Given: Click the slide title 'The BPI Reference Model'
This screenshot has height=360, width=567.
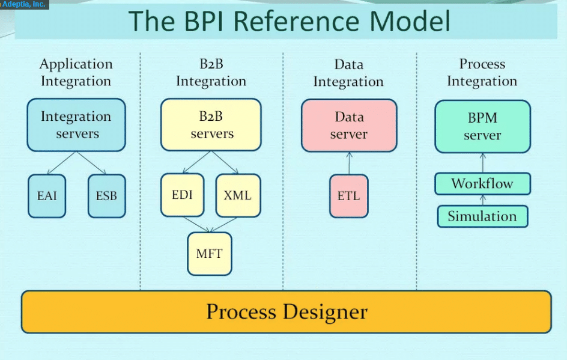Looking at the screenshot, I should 289,21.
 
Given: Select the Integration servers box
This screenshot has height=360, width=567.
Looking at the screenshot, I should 76,125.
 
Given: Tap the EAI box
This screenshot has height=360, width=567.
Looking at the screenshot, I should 47,196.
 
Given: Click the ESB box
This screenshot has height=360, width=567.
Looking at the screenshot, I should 106,196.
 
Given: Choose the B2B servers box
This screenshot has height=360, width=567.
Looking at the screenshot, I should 211,125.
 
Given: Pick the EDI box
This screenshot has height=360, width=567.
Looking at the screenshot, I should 182,195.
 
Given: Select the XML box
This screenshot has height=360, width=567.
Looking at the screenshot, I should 238,195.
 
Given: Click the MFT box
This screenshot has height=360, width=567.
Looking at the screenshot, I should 209,254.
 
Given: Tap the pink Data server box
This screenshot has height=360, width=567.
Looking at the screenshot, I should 349,126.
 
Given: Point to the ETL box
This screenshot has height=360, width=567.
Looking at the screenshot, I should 348,196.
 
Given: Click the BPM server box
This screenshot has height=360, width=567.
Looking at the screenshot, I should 482,126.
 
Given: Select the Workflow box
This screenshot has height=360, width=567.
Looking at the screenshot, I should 482,184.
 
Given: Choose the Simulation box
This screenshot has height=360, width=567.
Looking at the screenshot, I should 482,216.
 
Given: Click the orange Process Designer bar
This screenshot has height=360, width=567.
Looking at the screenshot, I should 287,312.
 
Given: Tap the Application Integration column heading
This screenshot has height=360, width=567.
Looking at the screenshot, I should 76,73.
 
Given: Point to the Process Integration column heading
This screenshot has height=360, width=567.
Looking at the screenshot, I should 482,73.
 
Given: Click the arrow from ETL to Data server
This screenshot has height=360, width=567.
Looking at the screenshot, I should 349,163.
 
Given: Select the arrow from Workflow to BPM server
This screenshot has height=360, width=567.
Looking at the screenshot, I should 482,163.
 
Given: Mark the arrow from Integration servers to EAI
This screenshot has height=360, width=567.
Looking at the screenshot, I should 61,163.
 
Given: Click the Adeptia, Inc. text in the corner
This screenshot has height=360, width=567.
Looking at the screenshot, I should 24,4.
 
